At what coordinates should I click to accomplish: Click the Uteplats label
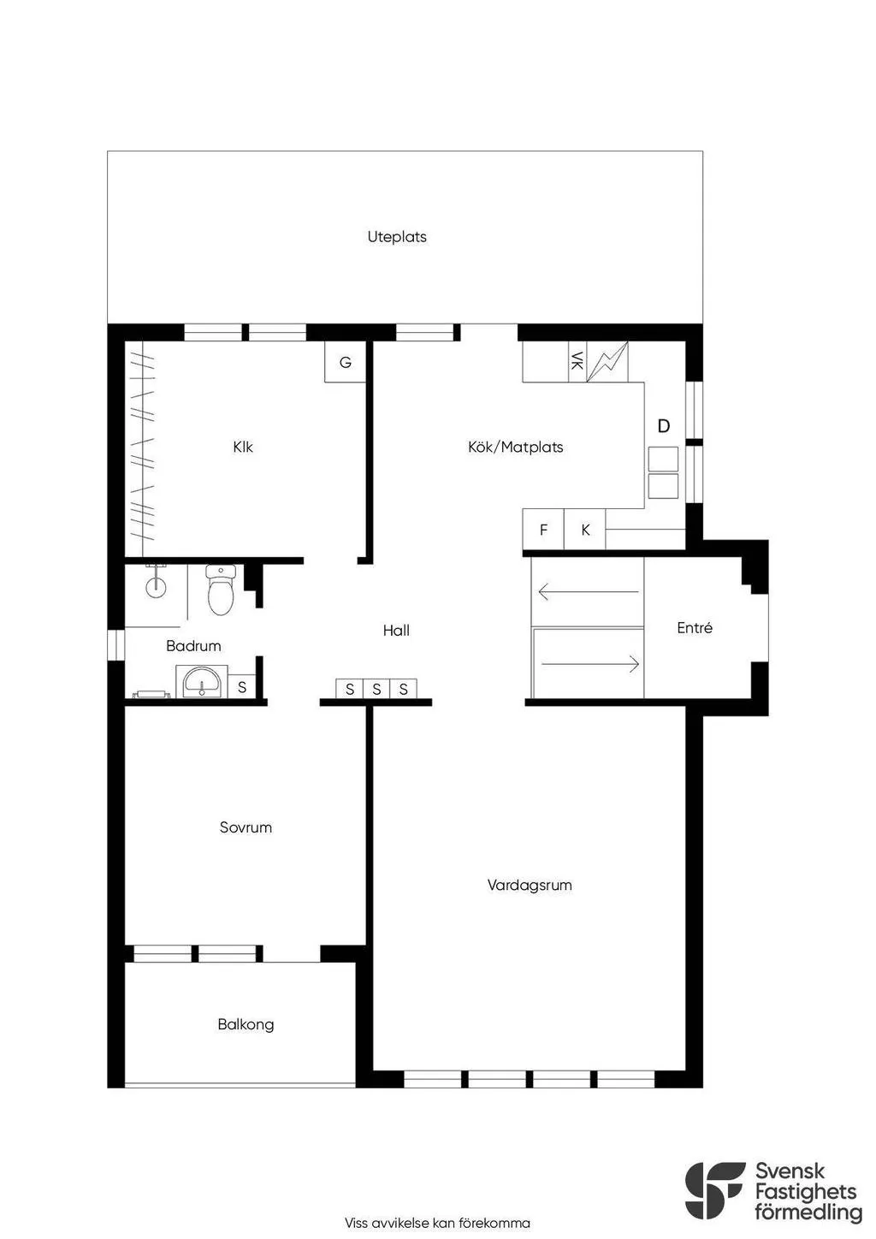[x=397, y=237]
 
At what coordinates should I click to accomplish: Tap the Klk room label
[x=243, y=447]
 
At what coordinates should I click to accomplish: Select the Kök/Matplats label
[x=515, y=447]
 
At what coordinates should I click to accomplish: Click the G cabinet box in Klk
[x=346, y=362]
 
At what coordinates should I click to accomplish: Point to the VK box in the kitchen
[x=577, y=361]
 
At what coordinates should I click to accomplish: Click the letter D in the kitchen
[x=663, y=426]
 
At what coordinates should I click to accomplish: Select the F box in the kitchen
[x=543, y=531]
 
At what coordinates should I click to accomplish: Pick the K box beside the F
[x=585, y=531]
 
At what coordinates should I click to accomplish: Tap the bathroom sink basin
[x=201, y=683]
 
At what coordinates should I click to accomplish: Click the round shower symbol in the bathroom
[x=155, y=585]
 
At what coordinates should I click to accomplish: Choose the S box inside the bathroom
[x=242, y=687]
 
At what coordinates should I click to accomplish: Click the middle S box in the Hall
[x=376, y=689]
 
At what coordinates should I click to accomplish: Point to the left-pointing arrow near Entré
[x=588, y=591]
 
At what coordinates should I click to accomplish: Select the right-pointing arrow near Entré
[x=590, y=663]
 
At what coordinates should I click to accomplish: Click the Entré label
[x=694, y=628]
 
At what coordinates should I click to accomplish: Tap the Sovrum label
[x=246, y=827]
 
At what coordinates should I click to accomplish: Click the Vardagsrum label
[x=530, y=886]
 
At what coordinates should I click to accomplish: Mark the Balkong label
[x=246, y=1024]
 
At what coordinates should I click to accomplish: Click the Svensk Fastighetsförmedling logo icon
[x=714, y=1190]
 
